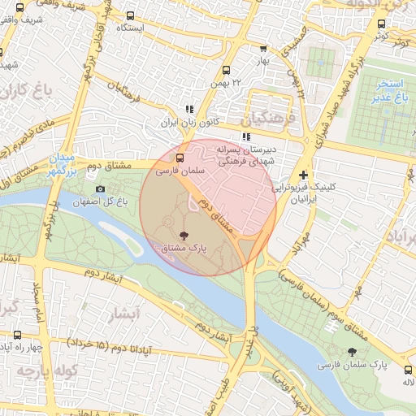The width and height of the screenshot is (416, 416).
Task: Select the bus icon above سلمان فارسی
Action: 180,158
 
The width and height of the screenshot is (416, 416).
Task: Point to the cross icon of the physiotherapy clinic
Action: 303,175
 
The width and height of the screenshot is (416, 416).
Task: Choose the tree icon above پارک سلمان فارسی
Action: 351,352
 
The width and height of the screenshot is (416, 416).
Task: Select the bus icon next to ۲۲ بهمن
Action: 225,70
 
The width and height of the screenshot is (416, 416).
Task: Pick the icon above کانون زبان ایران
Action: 189,109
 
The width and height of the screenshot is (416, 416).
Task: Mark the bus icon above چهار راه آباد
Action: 18,335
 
